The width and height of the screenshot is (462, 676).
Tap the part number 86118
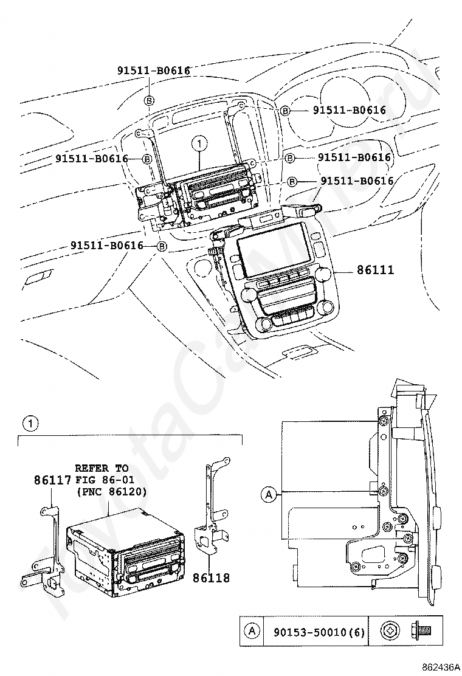click(212, 578)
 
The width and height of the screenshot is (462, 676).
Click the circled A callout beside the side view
click(268, 495)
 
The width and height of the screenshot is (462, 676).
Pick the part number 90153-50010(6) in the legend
click(314, 633)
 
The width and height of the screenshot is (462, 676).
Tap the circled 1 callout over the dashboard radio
click(198, 144)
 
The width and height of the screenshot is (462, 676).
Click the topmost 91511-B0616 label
click(154, 71)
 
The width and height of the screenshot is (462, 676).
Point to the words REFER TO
click(102, 468)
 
